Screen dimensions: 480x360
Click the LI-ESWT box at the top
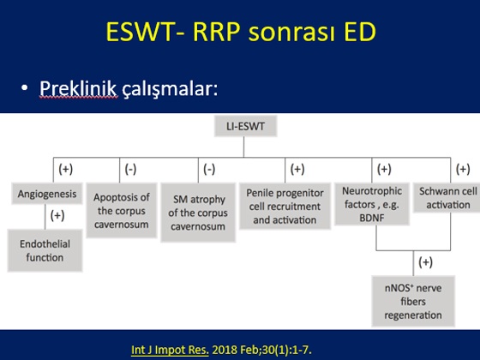click(245, 126)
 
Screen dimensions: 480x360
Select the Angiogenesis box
click(47, 194)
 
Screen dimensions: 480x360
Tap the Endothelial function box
click(45, 250)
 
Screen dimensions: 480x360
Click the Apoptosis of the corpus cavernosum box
click(122, 210)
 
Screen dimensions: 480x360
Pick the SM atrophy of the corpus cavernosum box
click(198, 213)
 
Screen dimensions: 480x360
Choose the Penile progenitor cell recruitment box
click(285, 206)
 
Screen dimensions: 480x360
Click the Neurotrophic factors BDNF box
click(372, 204)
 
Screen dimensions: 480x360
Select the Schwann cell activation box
click(447, 198)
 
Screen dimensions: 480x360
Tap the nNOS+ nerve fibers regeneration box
click(413, 301)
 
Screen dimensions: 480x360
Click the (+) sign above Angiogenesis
click(66, 169)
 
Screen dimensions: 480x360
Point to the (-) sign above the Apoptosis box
click(130, 169)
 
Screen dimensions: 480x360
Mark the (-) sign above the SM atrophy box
click(209, 169)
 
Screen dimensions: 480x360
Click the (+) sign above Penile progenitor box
click(297, 169)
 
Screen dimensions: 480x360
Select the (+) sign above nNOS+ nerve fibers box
click(425, 262)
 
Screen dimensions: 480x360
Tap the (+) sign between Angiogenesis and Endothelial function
click(57, 215)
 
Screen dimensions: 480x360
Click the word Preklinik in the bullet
click(78, 89)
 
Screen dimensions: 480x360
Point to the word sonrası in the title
click(291, 33)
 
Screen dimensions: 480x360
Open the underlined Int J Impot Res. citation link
click(170, 350)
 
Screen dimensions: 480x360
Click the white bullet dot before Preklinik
click(25, 87)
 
